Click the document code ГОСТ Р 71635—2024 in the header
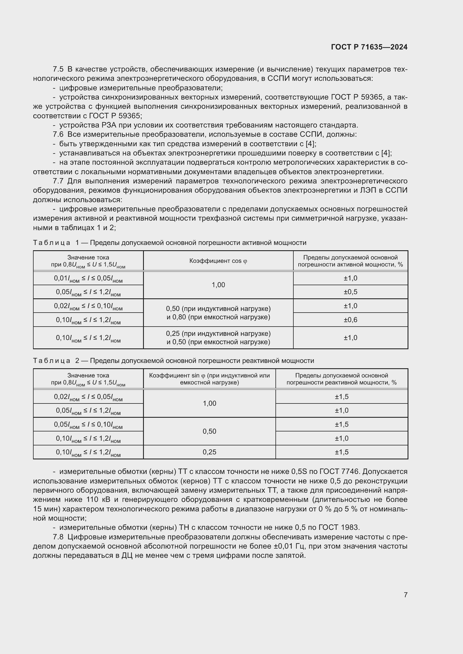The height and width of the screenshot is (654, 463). point(369,47)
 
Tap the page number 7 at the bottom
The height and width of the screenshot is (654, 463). point(405,594)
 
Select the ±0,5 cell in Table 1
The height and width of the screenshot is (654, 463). point(350,292)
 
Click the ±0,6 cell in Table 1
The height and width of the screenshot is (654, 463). point(350,320)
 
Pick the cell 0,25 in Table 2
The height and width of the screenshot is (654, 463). point(209,452)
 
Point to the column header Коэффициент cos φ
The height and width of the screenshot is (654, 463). point(218,261)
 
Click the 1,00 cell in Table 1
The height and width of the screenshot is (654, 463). point(218,285)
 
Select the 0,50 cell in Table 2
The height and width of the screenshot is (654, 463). point(209,431)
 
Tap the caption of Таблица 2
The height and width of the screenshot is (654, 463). point(173,361)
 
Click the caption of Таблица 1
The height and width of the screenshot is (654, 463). point(169,243)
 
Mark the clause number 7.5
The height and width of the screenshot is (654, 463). point(58,69)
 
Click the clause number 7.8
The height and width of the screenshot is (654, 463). point(58,537)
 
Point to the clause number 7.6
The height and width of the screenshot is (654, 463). point(58,134)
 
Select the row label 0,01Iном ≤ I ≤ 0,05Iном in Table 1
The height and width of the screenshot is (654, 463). point(88,278)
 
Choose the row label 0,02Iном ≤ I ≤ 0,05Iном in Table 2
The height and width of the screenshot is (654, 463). point(88,397)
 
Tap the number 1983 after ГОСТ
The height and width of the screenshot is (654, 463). point(350,528)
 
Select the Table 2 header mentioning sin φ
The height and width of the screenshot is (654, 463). point(209,379)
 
